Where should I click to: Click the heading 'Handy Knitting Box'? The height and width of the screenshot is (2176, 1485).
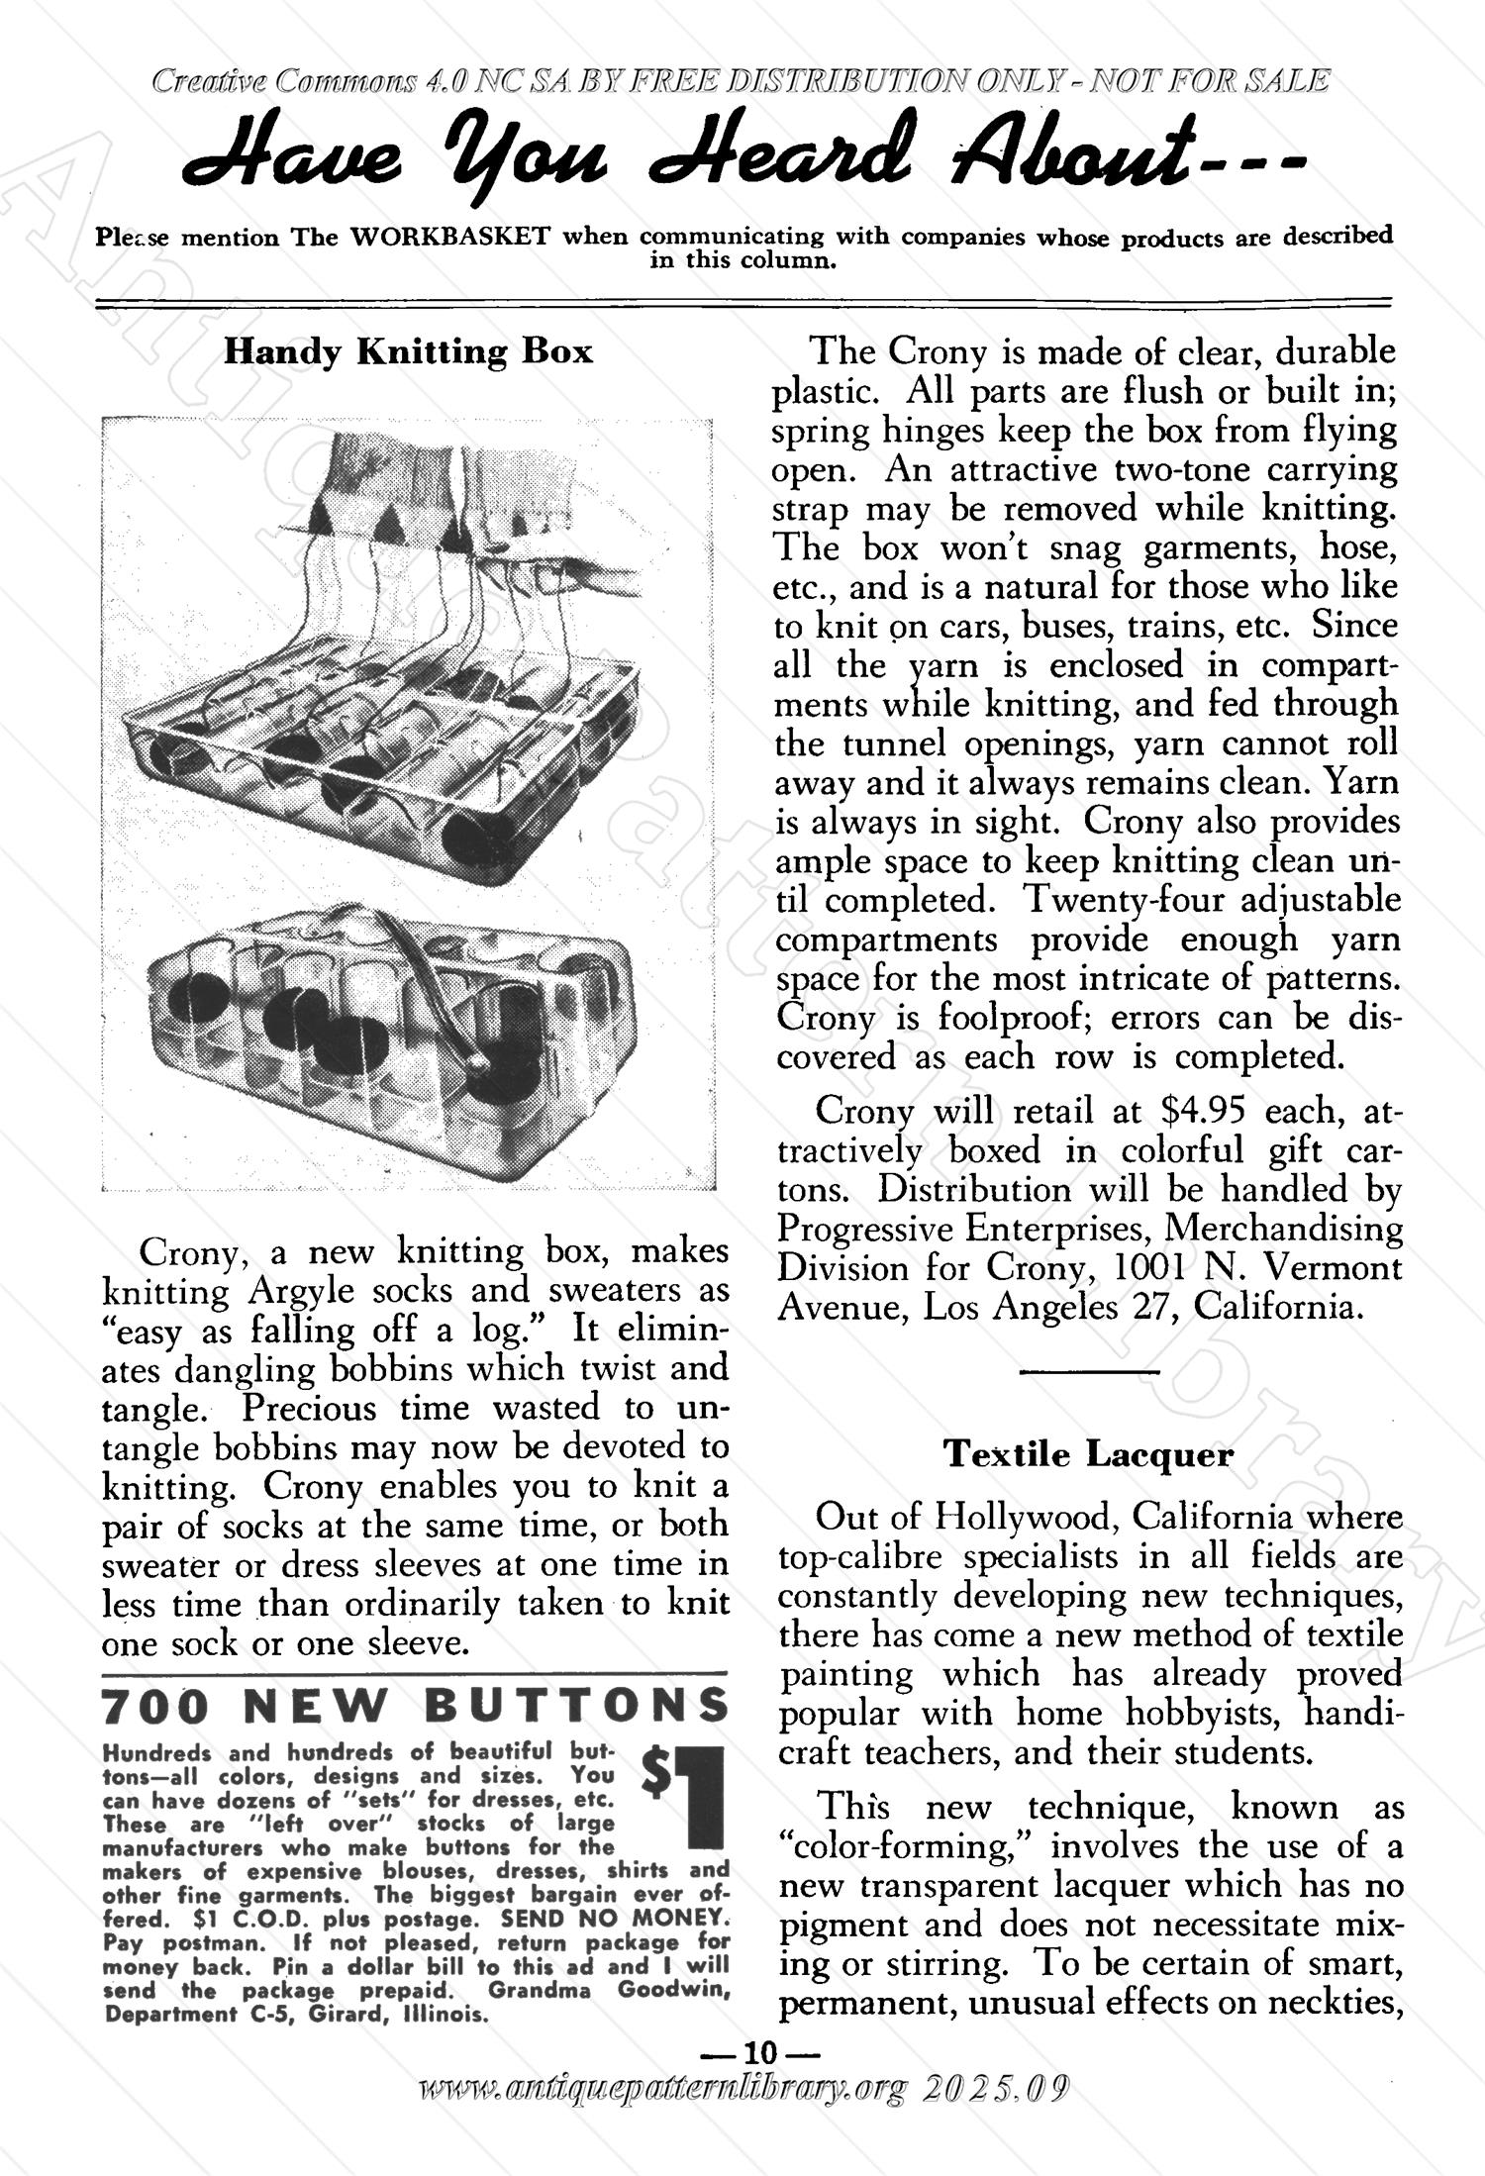tap(408, 351)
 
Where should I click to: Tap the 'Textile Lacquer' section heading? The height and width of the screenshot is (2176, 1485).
tap(1088, 1454)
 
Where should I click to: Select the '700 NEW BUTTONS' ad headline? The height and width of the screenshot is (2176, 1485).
tap(415, 1705)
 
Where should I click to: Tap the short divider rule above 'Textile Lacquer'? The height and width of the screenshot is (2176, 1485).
tap(1088, 1371)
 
